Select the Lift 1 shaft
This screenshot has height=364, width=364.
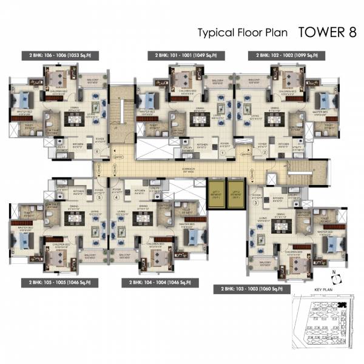coord(215,195)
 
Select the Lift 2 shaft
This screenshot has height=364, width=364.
coord(235,195)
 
